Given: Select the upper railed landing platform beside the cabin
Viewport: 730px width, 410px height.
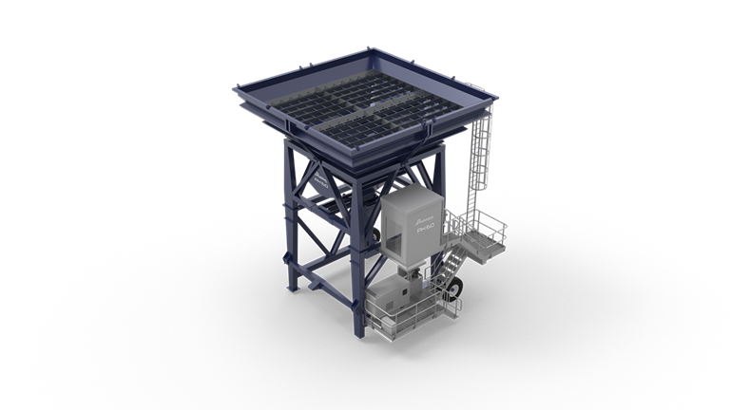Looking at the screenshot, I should point(481,232).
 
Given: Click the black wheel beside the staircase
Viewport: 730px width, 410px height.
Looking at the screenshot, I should point(460,284).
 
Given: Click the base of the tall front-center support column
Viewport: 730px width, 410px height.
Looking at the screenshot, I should point(359,329).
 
